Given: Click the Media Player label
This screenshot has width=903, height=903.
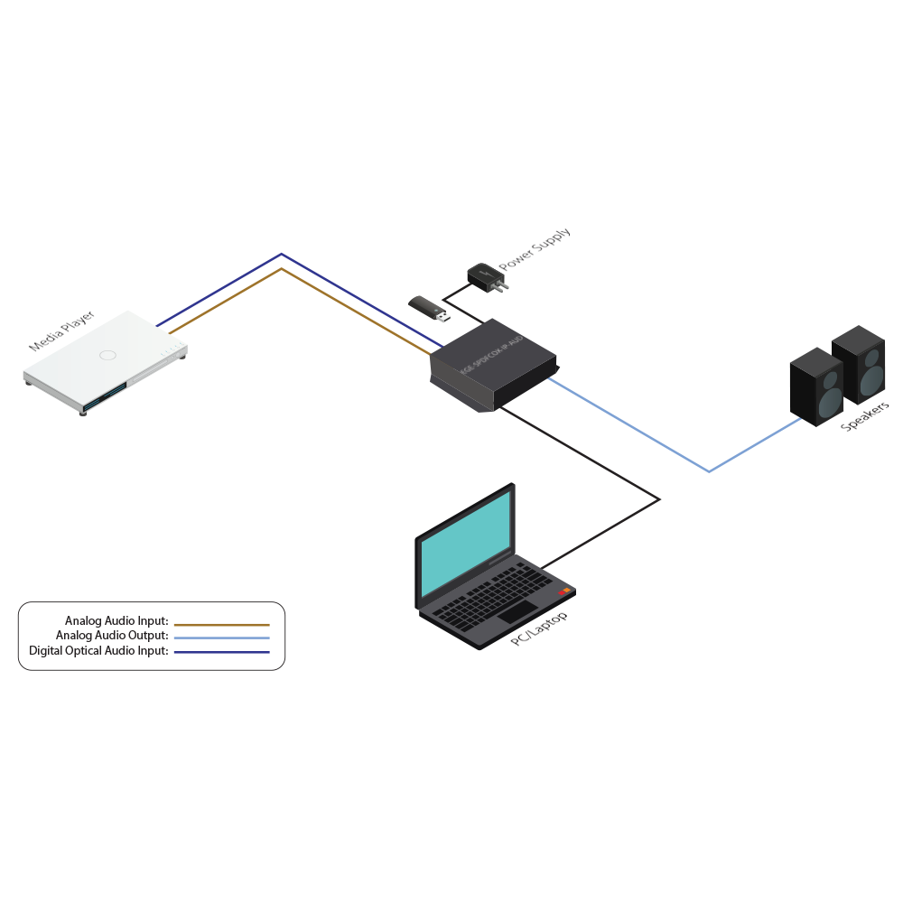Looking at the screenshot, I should (61, 332).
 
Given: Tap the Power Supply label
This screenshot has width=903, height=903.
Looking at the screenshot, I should (535, 249).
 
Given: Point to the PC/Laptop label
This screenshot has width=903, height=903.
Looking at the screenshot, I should (539, 628).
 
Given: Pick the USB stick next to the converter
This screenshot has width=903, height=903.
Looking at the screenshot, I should (429, 308).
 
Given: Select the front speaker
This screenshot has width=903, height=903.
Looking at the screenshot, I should (816, 386).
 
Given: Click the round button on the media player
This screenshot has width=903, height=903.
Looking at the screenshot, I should (108, 355).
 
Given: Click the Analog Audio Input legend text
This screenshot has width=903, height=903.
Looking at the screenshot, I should (116, 621).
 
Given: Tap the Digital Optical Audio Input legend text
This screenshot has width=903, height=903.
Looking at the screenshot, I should (98, 650).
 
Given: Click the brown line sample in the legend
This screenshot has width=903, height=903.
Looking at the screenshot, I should (221, 624).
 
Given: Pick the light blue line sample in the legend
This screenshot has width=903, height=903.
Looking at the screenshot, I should (221, 638).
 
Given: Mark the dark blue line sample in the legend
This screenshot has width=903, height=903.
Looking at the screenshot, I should (221, 652).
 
